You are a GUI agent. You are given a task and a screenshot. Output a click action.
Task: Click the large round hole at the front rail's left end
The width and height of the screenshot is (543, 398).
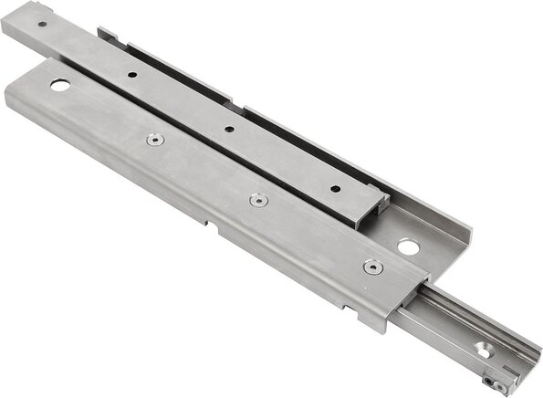[x=60, y=86]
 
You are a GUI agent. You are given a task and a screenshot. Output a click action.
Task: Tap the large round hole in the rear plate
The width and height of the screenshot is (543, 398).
[x=408, y=246]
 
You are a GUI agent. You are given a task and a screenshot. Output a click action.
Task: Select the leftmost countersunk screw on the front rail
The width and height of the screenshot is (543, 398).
[x=154, y=140]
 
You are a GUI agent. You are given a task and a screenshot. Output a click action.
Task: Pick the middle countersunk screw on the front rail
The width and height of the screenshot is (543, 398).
[x=259, y=199]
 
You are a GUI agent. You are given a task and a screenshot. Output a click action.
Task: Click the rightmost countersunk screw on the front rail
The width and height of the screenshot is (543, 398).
[x=371, y=267]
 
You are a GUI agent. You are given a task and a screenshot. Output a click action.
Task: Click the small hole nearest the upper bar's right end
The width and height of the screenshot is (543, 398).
[x=335, y=189]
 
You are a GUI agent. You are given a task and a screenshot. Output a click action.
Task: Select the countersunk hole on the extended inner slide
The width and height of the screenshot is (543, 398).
[x=481, y=347]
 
